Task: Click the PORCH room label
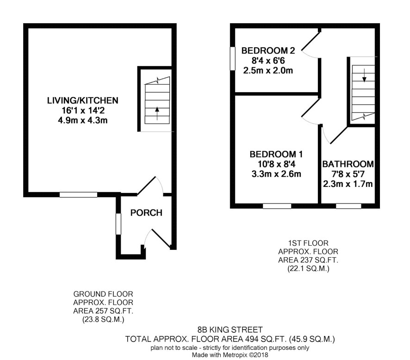pyautogui.click(x=146, y=213)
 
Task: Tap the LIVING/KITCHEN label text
pyautogui.click(x=83, y=100)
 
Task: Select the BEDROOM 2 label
pyautogui.click(x=268, y=50)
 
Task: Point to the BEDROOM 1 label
pyautogui.click(x=276, y=154)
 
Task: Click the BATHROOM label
pyautogui.click(x=348, y=164)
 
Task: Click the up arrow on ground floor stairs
pyautogui.click(x=157, y=113)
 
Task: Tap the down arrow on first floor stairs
pyautogui.click(x=364, y=75)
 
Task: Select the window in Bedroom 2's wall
pyautogui.click(x=233, y=59)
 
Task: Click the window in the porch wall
pyautogui.click(x=118, y=224)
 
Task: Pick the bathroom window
pyautogui.click(x=348, y=206)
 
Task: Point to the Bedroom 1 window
pyautogui.click(x=277, y=206)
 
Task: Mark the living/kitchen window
pyautogui.click(x=79, y=194)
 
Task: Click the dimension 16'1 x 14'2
pyautogui.click(x=83, y=110)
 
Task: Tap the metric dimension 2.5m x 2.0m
pyautogui.click(x=268, y=71)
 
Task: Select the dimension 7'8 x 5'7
pyautogui.click(x=348, y=174)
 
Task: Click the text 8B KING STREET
pyautogui.click(x=230, y=329)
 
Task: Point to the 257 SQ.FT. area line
pyautogui.click(x=103, y=311)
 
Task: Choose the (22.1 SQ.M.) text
pyautogui.click(x=308, y=268)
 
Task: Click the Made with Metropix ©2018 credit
pyautogui.click(x=230, y=355)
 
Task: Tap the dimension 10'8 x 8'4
pyautogui.click(x=276, y=164)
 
